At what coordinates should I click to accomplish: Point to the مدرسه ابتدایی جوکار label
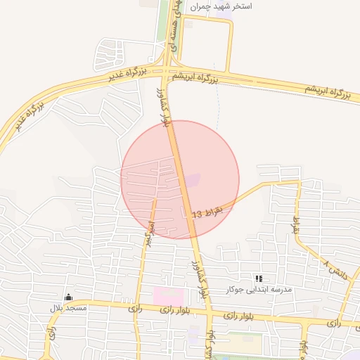259,290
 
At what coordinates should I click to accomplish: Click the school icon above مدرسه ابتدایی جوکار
259,279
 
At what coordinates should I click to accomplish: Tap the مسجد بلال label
67,308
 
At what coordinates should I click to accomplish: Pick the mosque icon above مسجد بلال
67,297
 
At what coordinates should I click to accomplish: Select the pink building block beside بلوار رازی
169,296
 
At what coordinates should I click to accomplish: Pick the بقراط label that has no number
296,223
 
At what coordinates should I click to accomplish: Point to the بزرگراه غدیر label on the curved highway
28,117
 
